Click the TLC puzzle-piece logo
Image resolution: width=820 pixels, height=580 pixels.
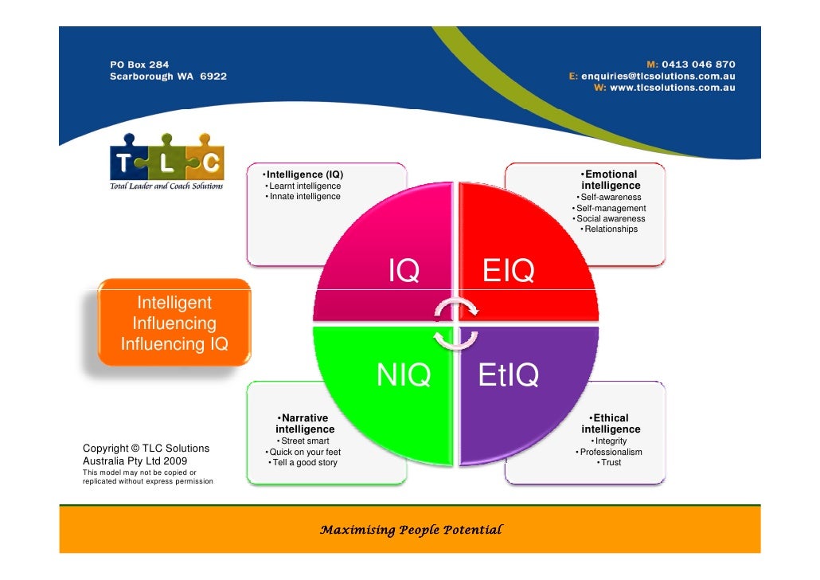click(166, 163)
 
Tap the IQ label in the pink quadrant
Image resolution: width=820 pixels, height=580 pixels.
click(404, 272)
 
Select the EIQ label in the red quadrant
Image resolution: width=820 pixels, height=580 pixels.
click(508, 272)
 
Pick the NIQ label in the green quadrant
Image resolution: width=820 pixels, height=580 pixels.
click(404, 374)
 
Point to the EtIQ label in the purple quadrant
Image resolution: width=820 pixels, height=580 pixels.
click(509, 375)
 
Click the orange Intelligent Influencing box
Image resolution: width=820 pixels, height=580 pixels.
click(174, 323)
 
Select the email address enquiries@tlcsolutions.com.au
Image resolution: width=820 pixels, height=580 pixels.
click(658, 76)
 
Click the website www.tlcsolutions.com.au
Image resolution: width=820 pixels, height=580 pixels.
click(672, 88)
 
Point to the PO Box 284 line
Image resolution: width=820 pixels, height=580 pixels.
click(139, 65)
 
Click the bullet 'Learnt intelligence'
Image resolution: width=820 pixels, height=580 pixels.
click(303, 186)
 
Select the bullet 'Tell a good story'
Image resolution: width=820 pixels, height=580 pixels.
click(303, 463)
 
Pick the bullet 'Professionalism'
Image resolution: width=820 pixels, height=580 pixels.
click(609, 452)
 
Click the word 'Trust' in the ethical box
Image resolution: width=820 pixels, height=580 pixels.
click(611, 463)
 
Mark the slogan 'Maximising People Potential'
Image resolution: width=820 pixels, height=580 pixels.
click(410, 530)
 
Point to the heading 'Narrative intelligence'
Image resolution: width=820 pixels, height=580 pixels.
click(304, 423)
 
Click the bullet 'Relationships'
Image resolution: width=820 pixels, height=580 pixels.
click(610, 229)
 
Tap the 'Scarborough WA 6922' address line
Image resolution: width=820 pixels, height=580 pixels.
click(168, 76)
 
